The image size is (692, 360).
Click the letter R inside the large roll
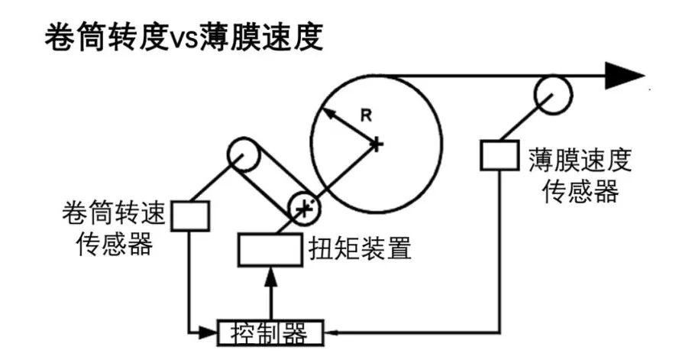366,115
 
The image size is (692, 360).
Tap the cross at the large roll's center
376,143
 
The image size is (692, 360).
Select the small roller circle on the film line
552,93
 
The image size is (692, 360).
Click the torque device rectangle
268,249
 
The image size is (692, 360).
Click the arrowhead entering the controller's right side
329,332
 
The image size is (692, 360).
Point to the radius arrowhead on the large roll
324,112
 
